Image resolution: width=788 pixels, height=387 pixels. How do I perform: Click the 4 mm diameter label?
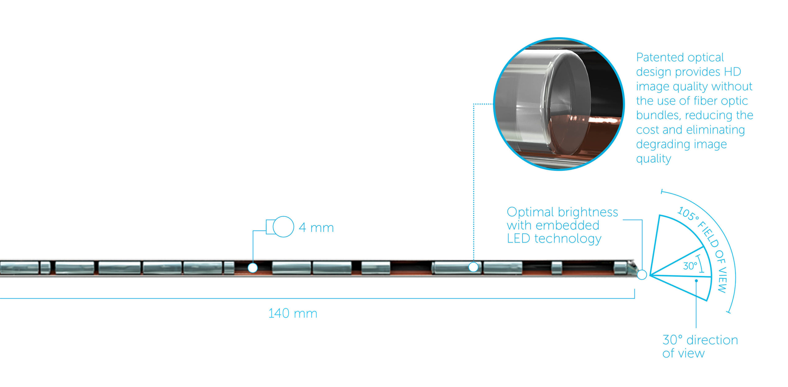[316, 228]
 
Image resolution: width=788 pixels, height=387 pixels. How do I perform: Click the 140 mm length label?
[293, 313]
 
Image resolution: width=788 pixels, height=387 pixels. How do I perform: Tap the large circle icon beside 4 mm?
[283, 227]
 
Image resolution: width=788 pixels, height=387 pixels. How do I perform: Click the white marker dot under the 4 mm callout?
[253, 268]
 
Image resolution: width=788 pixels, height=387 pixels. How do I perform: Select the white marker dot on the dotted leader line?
[473, 267]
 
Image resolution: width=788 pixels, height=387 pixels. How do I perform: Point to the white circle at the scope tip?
[642, 275]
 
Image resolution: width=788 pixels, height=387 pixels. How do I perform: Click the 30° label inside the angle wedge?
[690, 266]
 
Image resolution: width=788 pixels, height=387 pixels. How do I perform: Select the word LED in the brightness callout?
[519, 238]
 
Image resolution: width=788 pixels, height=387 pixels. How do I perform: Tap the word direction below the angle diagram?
[712, 340]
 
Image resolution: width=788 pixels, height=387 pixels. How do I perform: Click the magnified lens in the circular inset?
[568, 103]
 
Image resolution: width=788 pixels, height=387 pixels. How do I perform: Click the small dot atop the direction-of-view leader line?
[696, 281]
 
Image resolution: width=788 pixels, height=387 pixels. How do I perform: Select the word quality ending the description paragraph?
[653, 159]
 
